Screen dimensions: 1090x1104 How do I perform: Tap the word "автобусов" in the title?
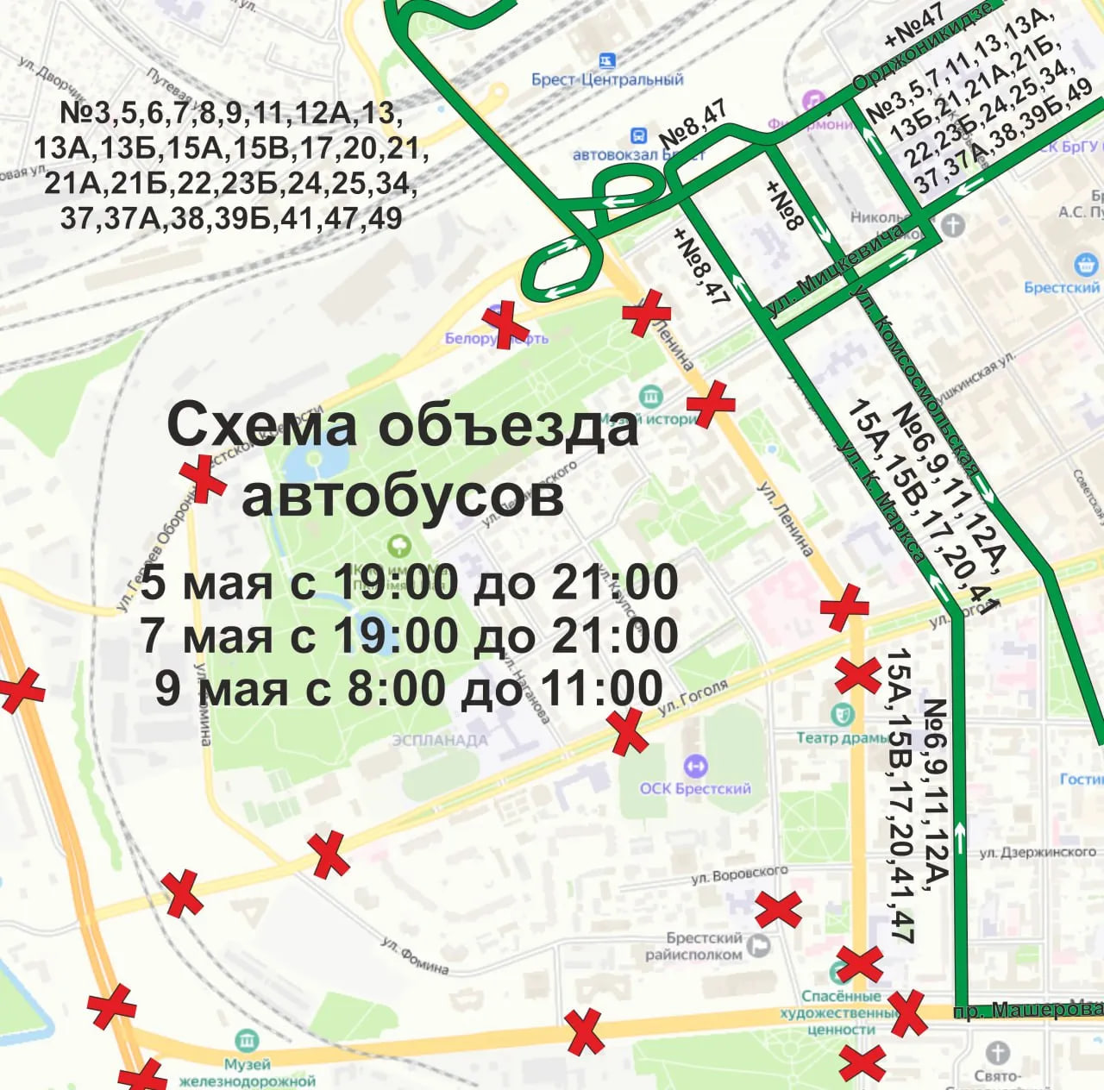coord(402,497)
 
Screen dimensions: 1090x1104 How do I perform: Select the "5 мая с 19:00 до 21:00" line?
coord(409,582)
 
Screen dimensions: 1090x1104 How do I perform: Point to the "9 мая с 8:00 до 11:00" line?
coord(409,689)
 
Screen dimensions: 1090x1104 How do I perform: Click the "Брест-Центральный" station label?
coord(607,79)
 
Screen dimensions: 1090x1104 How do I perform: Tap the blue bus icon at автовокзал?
coord(638,136)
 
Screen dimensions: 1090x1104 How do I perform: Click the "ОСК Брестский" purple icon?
coord(695,766)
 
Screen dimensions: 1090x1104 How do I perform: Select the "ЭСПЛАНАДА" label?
coord(440,740)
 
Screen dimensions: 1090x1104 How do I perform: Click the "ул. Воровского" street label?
coord(739,874)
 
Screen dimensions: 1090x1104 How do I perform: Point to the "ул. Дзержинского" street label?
coord(1038,852)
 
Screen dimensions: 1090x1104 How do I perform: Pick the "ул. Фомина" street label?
coord(415,956)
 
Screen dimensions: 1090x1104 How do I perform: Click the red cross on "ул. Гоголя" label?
coord(628,732)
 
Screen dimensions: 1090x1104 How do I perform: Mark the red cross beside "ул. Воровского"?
coord(778,909)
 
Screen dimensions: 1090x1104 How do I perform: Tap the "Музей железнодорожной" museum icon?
coord(247,1040)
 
